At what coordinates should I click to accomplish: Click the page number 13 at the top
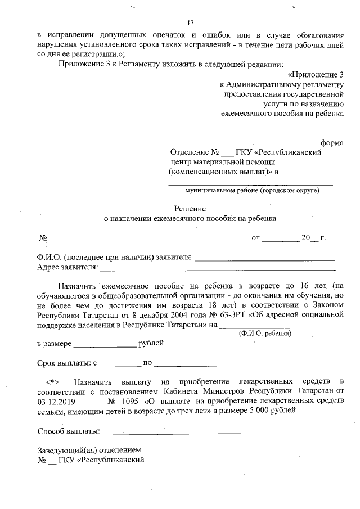coord(190,23)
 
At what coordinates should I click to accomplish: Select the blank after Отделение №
coord(227,152)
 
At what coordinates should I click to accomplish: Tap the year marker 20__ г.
coord(313,238)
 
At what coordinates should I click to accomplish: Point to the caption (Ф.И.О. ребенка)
coord(264,333)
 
